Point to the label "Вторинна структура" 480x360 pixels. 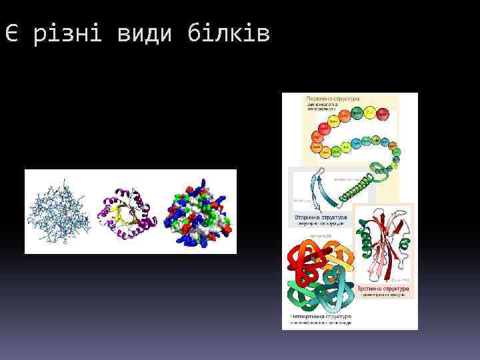click(321, 218)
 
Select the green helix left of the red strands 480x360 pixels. click(364, 243)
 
